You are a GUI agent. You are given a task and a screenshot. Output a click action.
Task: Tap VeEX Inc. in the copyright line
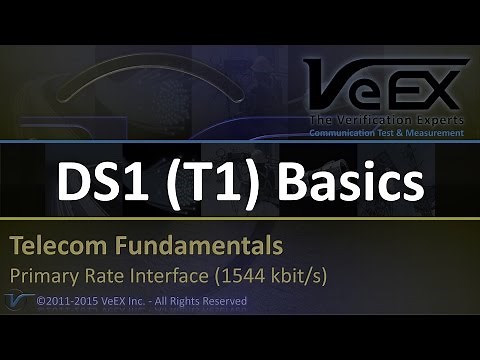(124, 300)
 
